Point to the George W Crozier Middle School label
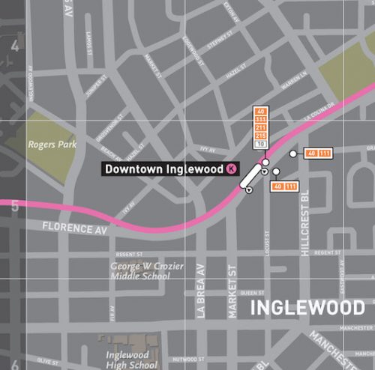140,270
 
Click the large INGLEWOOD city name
307,307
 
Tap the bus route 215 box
261,136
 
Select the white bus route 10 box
261,143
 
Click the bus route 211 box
261,127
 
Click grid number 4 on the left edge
14,45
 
